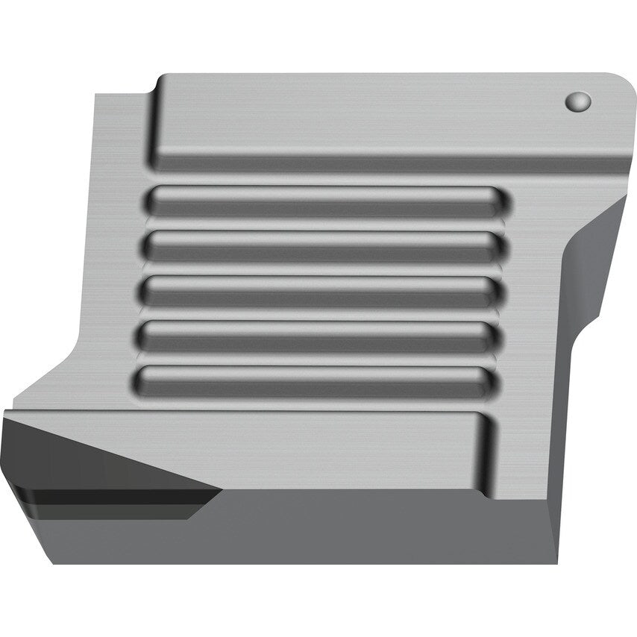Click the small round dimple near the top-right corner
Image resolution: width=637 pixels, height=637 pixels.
pos(578,101)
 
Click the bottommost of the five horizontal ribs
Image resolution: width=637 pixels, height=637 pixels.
pos(313,380)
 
